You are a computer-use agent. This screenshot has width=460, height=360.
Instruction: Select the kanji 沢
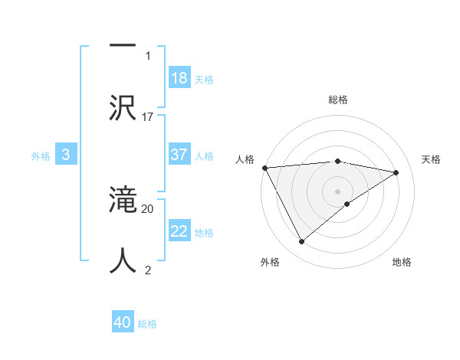point(123,107)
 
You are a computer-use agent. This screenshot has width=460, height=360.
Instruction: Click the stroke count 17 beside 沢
point(148,116)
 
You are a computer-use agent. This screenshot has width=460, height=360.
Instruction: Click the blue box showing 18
point(179,78)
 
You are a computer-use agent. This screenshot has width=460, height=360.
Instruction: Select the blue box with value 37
point(179,155)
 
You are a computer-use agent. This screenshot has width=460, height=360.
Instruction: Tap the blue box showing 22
point(179,231)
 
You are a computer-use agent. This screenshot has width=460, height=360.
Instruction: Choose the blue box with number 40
point(123,322)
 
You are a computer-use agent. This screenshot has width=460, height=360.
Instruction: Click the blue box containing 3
point(66,155)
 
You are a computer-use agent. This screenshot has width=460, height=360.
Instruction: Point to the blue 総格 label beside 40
point(147,324)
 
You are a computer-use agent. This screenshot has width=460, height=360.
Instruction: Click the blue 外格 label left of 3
point(41,155)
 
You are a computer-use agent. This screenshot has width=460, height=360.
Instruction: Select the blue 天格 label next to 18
point(204,79)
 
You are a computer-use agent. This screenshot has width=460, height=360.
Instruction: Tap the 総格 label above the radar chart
point(337,100)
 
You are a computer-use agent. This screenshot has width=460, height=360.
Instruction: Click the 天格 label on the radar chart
point(432,159)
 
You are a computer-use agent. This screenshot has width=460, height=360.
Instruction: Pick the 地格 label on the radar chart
point(402,262)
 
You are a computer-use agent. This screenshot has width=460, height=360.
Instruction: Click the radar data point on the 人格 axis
point(264,168)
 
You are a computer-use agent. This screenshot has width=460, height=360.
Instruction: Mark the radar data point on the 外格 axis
point(301,242)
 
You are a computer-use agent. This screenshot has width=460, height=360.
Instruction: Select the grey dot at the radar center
point(337,191)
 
